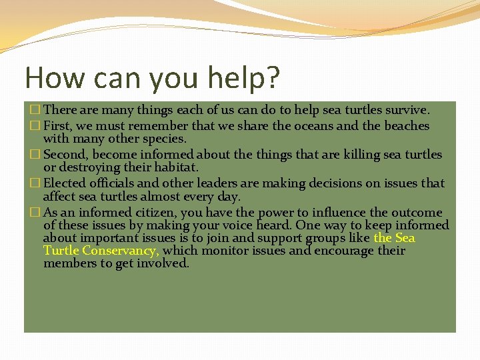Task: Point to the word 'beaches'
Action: tap(403, 126)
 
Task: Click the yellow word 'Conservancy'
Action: tap(121, 251)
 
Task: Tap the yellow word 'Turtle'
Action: tap(61, 251)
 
